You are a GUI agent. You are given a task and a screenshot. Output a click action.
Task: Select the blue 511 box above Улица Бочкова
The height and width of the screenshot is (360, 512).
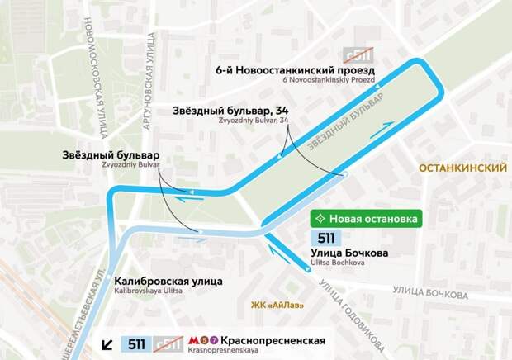[x=326, y=238]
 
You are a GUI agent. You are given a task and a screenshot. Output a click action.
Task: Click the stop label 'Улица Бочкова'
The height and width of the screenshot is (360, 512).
[x=352, y=253]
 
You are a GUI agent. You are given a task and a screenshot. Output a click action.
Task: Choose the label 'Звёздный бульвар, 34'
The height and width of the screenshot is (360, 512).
[x=232, y=110]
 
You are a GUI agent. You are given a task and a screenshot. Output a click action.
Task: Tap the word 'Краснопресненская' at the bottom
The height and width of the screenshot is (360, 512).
[x=273, y=340]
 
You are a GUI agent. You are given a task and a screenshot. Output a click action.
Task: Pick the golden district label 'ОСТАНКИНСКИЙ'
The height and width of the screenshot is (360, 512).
[x=462, y=168]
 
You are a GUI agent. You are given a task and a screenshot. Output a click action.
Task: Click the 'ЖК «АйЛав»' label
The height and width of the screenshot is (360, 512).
[x=277, y=306]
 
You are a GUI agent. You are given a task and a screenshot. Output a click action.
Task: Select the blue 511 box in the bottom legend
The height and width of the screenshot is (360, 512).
[x=135, y=343]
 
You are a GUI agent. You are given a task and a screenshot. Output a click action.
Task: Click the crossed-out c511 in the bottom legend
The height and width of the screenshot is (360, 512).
[x=168, y=343]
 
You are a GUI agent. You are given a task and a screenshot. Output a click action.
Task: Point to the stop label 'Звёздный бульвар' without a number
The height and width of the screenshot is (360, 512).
[x=111, y=154]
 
